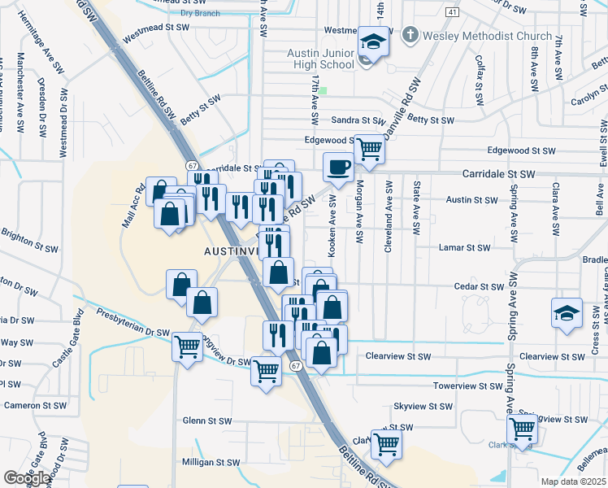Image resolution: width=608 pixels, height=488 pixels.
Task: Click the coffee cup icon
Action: point(338,167)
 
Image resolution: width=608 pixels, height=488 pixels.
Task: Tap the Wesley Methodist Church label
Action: point(487,37)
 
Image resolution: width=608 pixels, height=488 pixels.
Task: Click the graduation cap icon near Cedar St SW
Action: point(567,313)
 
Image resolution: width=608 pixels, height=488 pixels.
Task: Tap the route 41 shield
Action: point(453,11)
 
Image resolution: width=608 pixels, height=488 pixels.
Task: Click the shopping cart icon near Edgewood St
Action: point(370,149)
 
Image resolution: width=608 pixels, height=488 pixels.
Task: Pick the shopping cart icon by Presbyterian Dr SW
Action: point(188,346)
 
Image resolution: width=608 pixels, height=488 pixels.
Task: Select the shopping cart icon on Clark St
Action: point(387,443)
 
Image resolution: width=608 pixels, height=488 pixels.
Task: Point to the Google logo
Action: point(26,478)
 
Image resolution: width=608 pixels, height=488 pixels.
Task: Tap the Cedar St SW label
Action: point(480,287)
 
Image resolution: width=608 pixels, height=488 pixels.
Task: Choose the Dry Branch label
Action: point(200,13)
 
